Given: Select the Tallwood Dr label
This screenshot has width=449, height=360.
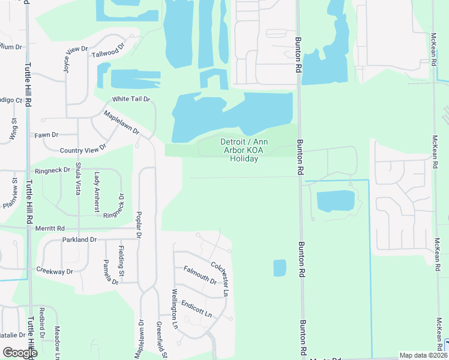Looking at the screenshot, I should (108, 50).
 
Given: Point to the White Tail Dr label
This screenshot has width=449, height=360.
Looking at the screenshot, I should (130, 98).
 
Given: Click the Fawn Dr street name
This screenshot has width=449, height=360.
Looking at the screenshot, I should (46, 135).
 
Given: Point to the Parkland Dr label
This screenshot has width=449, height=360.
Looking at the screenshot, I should (79, 239).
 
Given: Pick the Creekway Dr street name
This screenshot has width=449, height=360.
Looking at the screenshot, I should (54, 271).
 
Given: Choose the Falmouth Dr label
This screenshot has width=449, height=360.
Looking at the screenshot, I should (200, 275).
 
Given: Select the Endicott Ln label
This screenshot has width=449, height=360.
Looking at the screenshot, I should (196, 308).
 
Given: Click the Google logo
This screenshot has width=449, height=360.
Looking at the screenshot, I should (20, 352).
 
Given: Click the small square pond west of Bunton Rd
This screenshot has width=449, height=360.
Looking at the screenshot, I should (280, 268).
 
